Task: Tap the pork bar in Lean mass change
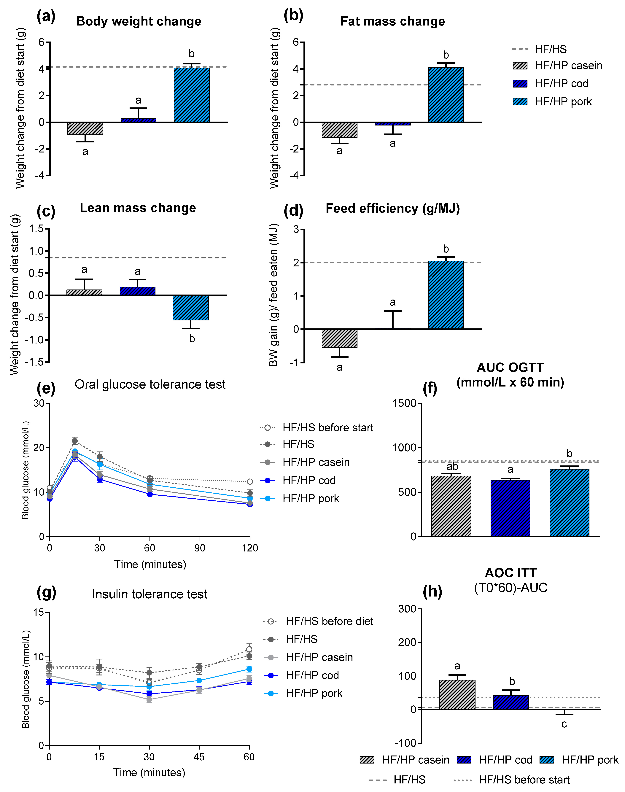191,308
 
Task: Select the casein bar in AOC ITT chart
457,695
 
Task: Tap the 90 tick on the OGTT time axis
200,548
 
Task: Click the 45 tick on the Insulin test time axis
199,756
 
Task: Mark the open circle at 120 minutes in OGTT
250,481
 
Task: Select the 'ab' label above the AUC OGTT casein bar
452,466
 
